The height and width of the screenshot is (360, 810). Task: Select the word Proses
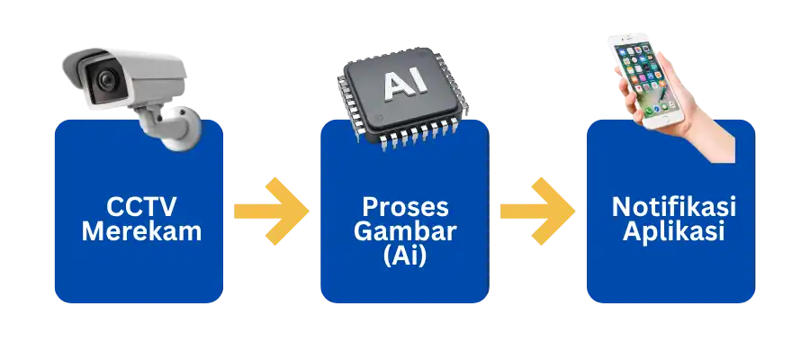[404, 206]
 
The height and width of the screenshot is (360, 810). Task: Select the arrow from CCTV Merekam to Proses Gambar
[270, 211]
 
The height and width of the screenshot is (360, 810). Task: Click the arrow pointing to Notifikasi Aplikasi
[537, 211]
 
